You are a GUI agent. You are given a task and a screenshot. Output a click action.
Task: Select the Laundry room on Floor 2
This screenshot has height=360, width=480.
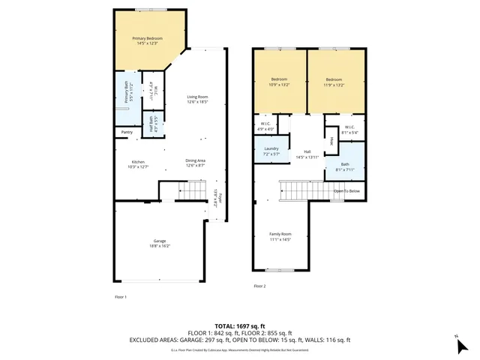click(x=271, y=151)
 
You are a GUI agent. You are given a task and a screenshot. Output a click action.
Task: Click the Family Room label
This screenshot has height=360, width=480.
click(x=280, y=236)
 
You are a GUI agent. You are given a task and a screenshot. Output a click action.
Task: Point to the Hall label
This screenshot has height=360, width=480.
click(x=307, y=153)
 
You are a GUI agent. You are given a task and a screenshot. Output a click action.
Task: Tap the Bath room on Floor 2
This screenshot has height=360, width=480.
click(x=345, y=166)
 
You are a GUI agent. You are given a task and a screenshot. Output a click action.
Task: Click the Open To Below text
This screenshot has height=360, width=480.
click(x=347, y=190)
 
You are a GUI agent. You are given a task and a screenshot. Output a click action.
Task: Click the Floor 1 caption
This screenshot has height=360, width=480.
click(x=120, y=297)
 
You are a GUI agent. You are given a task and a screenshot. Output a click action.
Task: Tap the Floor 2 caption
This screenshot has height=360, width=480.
click(x=259, y=286)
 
